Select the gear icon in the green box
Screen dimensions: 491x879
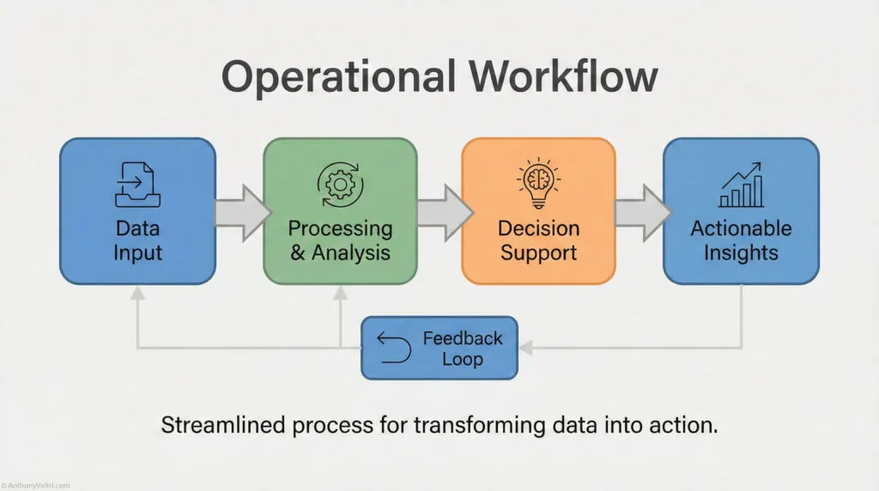(340, 184)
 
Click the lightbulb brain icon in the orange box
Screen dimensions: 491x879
(539, 183)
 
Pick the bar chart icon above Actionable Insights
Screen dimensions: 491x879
(741, 186)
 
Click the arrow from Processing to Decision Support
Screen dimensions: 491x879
(443, 211)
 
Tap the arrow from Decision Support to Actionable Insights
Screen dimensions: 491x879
(641, 211)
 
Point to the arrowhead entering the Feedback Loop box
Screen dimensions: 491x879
(525, 348)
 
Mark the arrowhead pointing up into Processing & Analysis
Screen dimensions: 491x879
(340, 293)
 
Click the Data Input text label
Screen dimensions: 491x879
(137, 240)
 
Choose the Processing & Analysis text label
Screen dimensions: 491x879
(340, 240)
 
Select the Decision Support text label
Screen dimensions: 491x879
(539, 240)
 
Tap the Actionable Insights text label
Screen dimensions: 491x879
(741, 240)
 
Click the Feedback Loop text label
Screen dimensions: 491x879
(462, 348)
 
